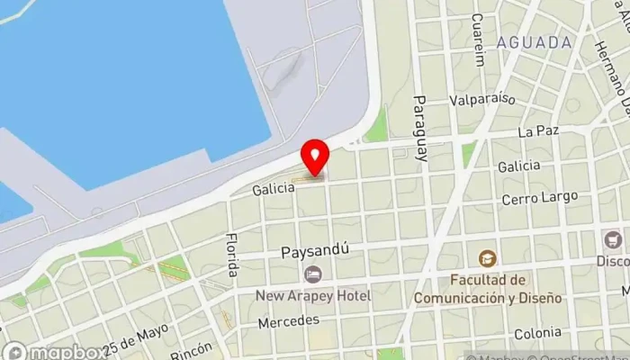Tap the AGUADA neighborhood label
(534, 42)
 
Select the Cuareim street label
(478, 40)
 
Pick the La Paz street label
(539, 131)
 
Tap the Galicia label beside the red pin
(273, 189)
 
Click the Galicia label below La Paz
(518, 166)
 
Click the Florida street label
(232, 256)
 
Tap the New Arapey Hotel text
(312, 295)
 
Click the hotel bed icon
(312, 274)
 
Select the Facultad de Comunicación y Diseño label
(488, 288)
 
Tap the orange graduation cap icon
(488, 259)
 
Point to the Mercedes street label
(288, 321)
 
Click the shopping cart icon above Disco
(614, 240)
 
